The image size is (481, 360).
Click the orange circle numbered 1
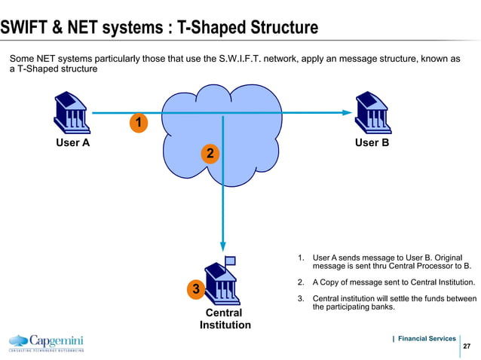pos(138,122)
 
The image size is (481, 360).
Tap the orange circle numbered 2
pos(210,154)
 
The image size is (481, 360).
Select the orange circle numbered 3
pos(195,289)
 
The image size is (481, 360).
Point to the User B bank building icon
pos(372,111)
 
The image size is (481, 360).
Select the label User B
pos(372,142)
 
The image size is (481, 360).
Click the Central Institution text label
pos(225,319)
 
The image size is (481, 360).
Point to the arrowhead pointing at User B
pos(347,113)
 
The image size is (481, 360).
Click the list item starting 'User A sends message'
pos(391,261)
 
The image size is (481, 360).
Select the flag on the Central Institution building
pos(230,261)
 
